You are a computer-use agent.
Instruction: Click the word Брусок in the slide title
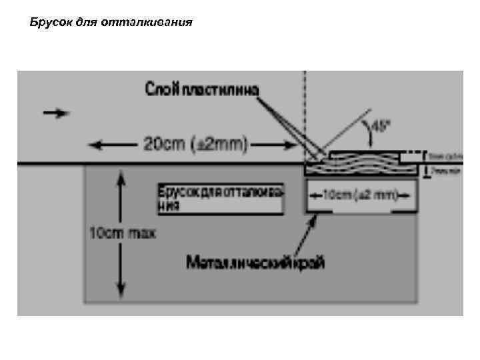pos(48,23)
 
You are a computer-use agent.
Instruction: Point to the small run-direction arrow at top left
pos(56,113)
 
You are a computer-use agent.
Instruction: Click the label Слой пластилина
pos(203,91)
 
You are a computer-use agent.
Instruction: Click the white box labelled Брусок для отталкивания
pos(221,198)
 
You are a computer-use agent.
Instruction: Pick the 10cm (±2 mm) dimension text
pos(360,195)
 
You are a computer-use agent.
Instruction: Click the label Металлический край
pos(255,263)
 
